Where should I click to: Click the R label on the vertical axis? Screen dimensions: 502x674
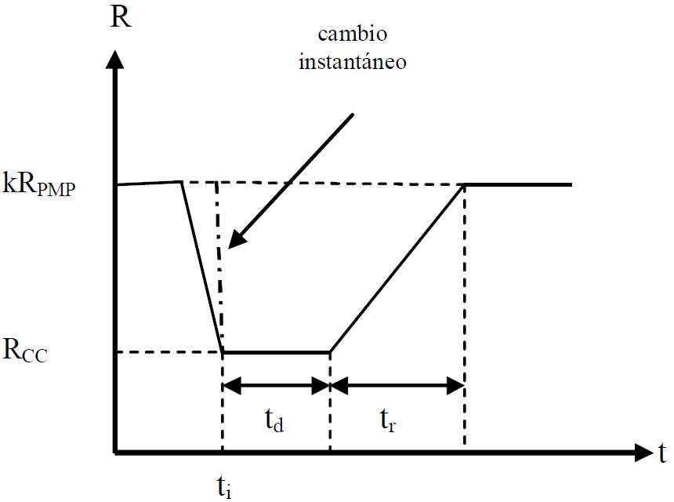coord(121,17)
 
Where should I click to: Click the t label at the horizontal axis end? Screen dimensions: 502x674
coord(662,453)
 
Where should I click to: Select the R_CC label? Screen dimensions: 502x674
coord(25,351)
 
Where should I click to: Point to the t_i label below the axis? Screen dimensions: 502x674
coord(223,488)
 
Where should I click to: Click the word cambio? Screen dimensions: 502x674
coord(352,37)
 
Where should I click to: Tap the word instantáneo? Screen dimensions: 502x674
coord(353,62)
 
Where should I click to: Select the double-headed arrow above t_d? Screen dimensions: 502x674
coord(276,385)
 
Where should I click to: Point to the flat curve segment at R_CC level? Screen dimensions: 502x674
coord(276,352)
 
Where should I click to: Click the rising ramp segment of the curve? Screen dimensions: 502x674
coord(397,268)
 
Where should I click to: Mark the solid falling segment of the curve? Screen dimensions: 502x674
coord(202,267)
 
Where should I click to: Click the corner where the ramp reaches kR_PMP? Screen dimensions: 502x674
coord(466,185)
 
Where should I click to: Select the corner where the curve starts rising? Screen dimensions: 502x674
coord(330,352)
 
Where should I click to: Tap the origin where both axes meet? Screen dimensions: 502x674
coord(116,453)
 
